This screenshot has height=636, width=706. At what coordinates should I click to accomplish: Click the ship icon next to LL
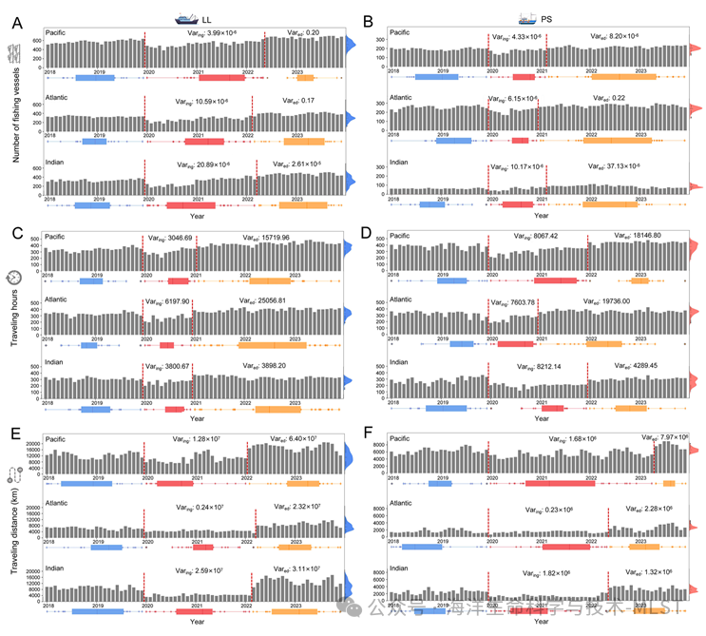tap(184, 18)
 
